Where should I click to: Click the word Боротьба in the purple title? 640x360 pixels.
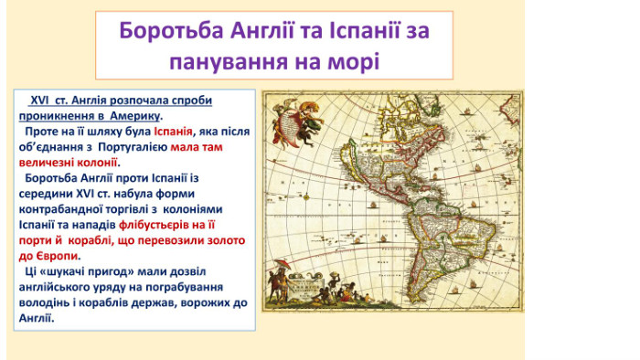pyautogui.click(x=172, y=30)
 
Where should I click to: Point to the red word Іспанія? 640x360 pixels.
pyautogui.click(x=173, y=132)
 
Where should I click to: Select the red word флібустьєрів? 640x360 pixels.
pyautogui.click(x=154, y=225)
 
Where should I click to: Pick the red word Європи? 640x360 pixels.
pyautogui.click(x=57, y=256)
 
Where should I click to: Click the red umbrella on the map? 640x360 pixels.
pyautogui.click(x=283, y=264)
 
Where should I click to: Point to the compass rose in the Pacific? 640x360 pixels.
pyautogui.click(x=306, y=197)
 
